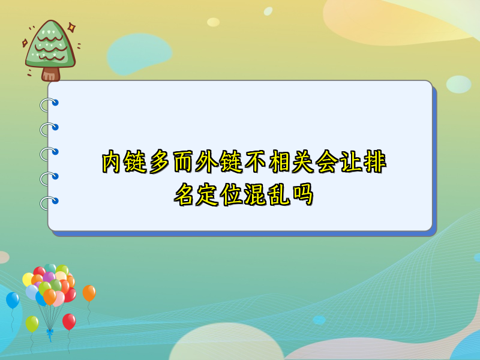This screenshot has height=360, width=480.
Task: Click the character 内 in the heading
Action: (x=111, y=161)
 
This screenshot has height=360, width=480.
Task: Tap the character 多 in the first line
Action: (x=159, y=161)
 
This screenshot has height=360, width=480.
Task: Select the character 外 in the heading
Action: (x=207, y=161)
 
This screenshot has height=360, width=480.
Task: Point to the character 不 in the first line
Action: (x=255, y=161)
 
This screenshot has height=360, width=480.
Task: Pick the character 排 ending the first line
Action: (x=376, y=161)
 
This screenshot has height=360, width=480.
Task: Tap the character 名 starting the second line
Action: (x=184, y=194)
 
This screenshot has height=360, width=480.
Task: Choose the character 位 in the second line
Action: (x=232, y=194)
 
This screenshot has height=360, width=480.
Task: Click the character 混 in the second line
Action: (x=256, y=194)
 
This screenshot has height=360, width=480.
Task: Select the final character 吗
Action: (x=304, y=194)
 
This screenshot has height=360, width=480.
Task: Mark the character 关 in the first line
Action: (x=303, y=161)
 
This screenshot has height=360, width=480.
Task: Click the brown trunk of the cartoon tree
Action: (x=50, y=74)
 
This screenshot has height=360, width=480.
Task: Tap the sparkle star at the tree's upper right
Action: (x=71, y=28)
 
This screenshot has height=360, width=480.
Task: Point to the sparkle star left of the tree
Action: (x=25, y=43)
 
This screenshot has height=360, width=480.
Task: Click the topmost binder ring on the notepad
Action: (x=49, y=104)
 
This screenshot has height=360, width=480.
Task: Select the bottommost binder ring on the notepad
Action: (x=49, y=203)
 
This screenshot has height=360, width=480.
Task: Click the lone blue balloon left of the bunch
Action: (x=13, y=300)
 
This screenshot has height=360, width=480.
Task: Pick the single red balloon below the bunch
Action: (x=69, y=322)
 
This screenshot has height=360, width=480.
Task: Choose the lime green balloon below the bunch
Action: (x=32, y=324)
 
